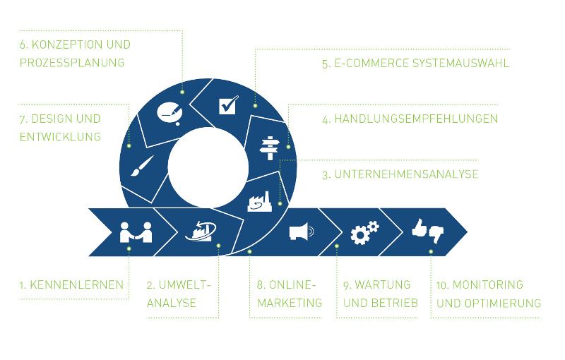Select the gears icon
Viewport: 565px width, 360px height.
tap(364, 232)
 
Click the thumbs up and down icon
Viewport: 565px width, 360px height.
tap(427, 231)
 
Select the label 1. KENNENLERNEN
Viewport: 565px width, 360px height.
tap(71, 286)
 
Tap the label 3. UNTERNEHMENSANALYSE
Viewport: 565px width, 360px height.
tap(400, 174)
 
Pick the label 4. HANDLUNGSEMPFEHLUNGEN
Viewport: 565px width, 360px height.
tap(410, 119)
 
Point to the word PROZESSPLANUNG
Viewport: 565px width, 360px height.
tap(72, 63)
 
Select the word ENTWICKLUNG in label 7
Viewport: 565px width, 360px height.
tap(61, 137)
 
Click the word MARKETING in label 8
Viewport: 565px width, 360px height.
tap(290, 304)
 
